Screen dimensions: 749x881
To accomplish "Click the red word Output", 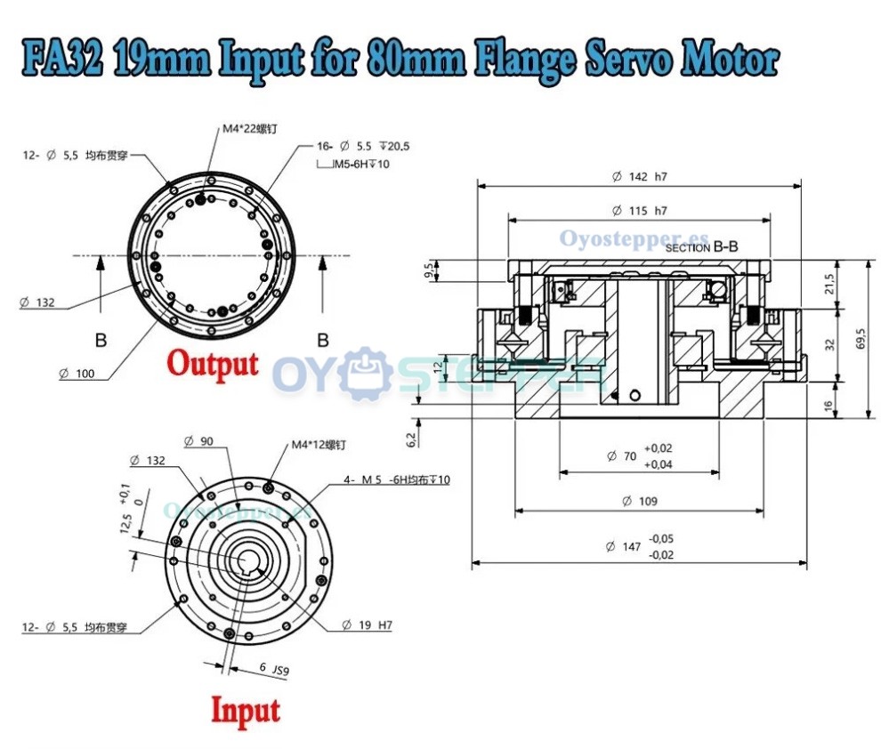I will coord(214,364).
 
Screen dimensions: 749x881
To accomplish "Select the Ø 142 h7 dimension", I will coord(639,176).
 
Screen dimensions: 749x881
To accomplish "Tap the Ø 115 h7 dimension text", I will coord(639,211).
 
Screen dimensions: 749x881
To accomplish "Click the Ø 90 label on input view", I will coord(200,441).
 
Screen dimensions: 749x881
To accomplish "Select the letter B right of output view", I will coord(322,339).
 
